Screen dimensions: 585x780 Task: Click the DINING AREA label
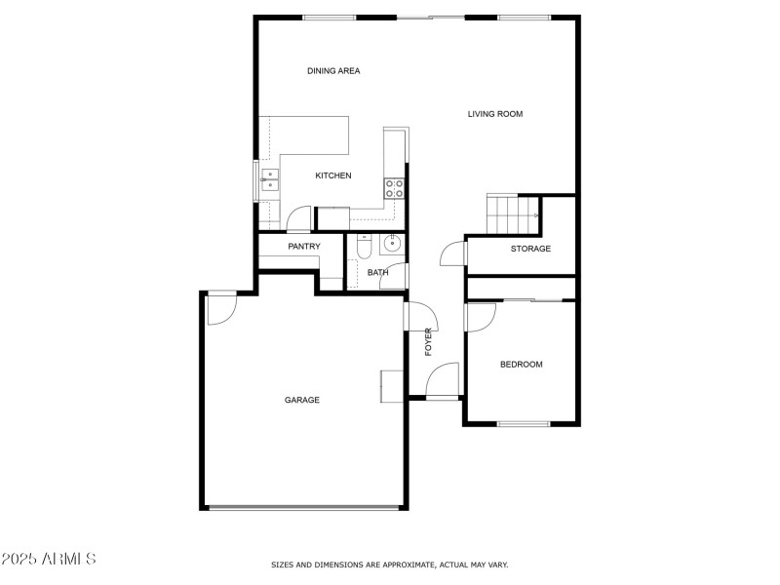pos(333,71)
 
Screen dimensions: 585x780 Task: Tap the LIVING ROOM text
pos(495,114)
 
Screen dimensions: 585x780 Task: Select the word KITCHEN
pos(332,175)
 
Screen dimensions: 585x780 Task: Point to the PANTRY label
pos(304,247)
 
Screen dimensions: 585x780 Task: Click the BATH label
pos(377,273)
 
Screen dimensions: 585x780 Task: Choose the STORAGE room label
pos(530,249)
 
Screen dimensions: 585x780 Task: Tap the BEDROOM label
pos(521,365)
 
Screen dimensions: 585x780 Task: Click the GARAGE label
pos(301,400)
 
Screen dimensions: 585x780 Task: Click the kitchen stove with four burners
pos(395,188)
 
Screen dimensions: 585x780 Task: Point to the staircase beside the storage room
pos(513,214)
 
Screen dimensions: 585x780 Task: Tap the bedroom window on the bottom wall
pos(524,423)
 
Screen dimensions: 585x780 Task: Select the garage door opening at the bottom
pos(304,507)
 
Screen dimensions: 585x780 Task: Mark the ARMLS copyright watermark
pos(49,559)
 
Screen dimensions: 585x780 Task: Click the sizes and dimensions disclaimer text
pos(389,565)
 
